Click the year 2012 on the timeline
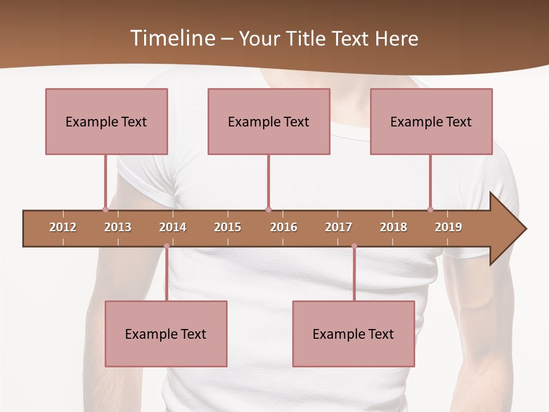pyautogui.click(x=63, y=227)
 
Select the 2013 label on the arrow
pyautogui.click(x=118, y=227)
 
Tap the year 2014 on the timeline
pyautogui.click(x=173, y=227)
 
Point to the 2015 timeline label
pyautogui.click(x=228, y=227)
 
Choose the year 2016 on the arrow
pyautogui.click(x=284, y=227)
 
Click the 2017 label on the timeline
pyautogui.click(x=339, y=227)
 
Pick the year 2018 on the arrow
pyautogui.click(x=393, y=227)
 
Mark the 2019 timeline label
pyautogui.click(x=448, y=227)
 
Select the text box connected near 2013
pyautogui.click(x=106, y=121)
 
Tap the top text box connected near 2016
pyautogui.click(x=269, y=121)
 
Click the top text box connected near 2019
pyautogui.click(x=431, y=121)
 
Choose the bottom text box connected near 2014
pyautogui.click(x=166, y=334)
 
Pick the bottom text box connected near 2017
pyautogui.click(x=353, y=334)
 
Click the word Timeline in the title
pyautogui.click(x=172, y=38)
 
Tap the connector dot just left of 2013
pyautogui.click(x=105, y=209)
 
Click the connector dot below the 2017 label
pyautogui.click(x=354, y=246)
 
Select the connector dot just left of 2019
pyautogui.click(x=430, y=209)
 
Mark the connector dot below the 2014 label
pyautogui.click(x=166, y=246)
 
